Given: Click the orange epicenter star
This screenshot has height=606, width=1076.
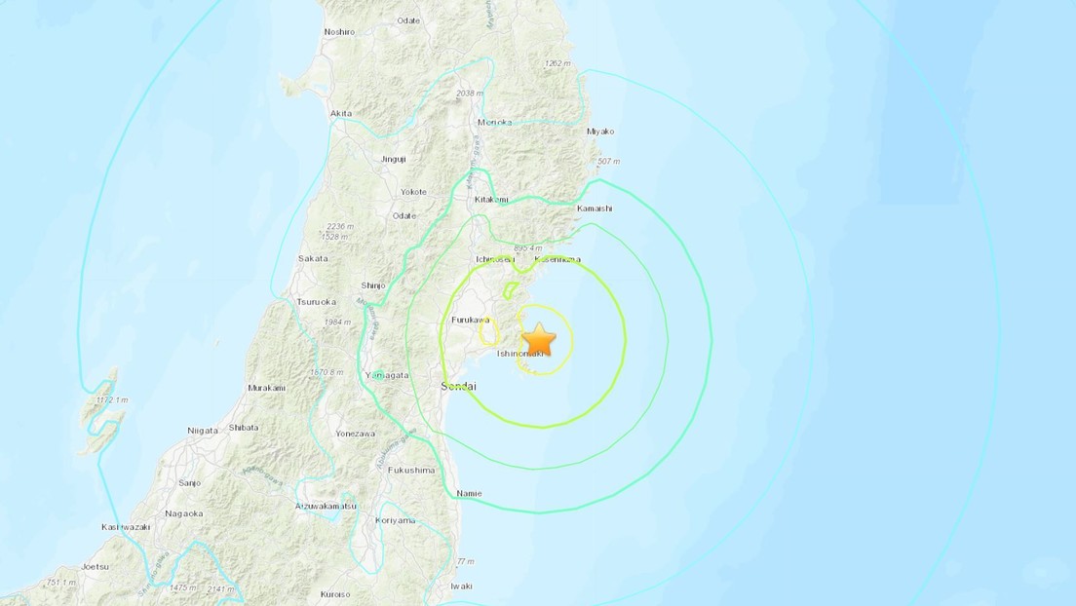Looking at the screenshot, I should (x=538, y=340).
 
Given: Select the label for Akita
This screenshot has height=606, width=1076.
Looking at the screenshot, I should (x=340, y=114).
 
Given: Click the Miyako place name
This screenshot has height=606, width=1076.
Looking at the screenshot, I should (x=602, y=131).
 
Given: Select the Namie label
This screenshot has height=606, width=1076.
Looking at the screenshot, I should (x=469, y=495).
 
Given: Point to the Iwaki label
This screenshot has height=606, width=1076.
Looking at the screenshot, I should (x=460, y=586).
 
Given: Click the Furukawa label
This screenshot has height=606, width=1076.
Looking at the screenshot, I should (x=471, y=320).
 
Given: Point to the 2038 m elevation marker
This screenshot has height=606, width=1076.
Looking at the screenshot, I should (x=469, y=95).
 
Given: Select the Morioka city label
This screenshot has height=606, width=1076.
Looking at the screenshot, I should (x=494, y=123).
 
